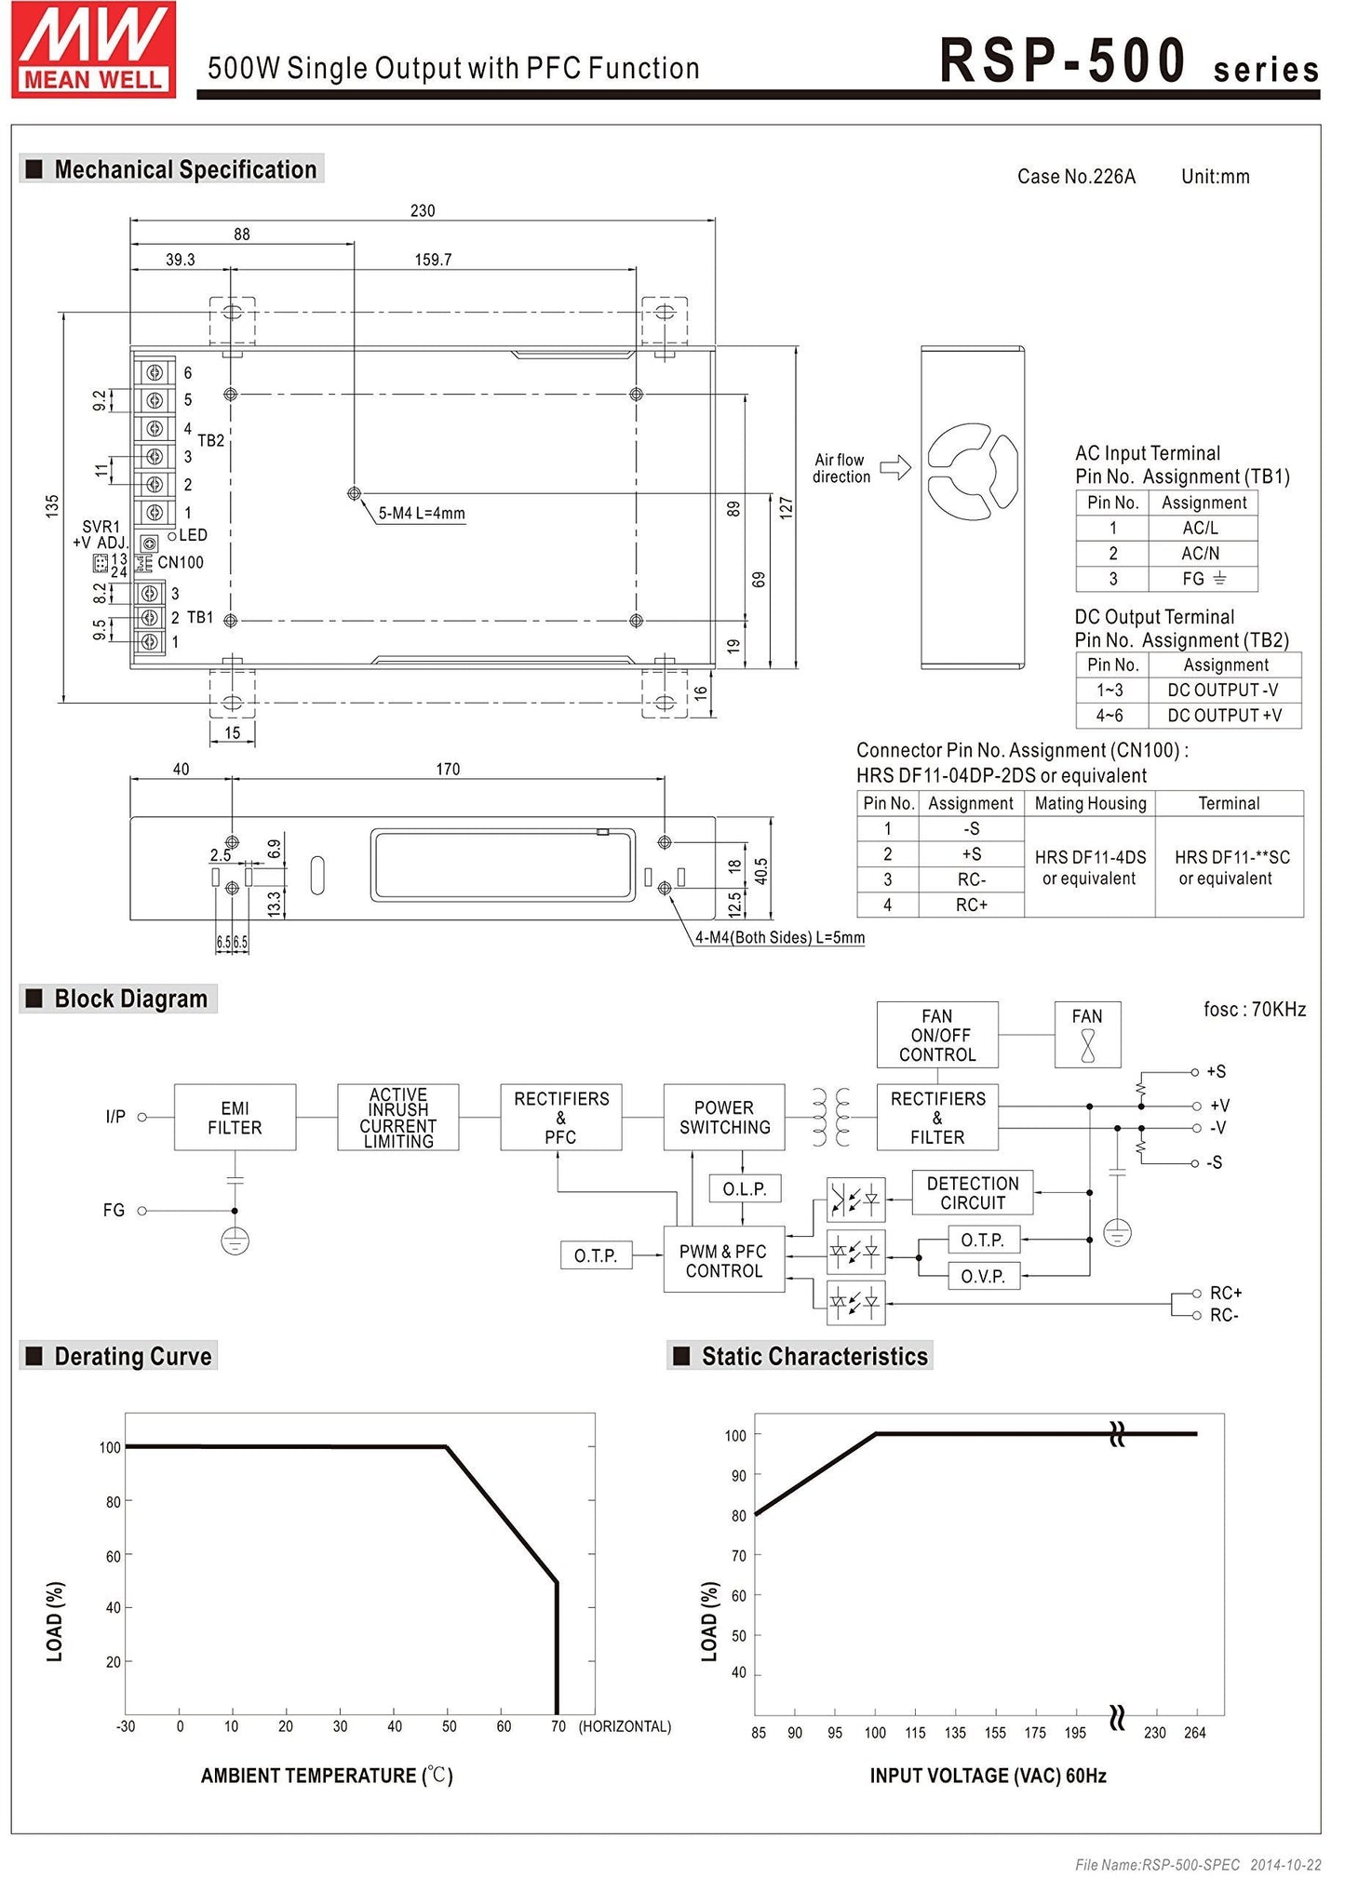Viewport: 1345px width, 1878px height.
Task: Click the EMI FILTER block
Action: tap(235, 1117)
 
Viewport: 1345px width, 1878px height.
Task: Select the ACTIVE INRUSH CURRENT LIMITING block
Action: tap(397, 1117)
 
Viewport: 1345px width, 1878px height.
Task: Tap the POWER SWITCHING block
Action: tap(724, 1117)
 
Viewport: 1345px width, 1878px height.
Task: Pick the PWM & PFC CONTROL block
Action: tap(723, 1260)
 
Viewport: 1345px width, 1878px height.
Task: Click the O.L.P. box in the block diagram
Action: tap(744, 1188)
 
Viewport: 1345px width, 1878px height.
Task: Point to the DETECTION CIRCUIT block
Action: tap(972, 1192)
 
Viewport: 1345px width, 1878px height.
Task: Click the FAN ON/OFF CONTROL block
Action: tap(936, 1035)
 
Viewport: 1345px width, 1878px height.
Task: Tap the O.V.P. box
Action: tap(983, 1276)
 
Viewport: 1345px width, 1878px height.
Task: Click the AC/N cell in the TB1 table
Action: tap(1201, 553)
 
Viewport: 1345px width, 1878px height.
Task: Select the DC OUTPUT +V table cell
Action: tap(1224, 715)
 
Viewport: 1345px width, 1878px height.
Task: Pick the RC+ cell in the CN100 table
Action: tap(971, 904)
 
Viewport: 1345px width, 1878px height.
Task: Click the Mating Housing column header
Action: tap(1090, 803)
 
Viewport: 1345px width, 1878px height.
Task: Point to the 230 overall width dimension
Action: tap(423, 210)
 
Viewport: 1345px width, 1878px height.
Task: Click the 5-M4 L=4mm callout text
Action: tap(422, 513)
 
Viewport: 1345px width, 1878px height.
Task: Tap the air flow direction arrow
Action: tap(894, 467)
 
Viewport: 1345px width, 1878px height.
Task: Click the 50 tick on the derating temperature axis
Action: tap(449, 1726)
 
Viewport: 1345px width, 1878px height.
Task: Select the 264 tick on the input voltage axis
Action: tap(1194, 1732)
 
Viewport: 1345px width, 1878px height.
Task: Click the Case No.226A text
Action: tap(1076, 177)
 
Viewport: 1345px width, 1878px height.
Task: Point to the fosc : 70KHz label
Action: tap(1254, 1009)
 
